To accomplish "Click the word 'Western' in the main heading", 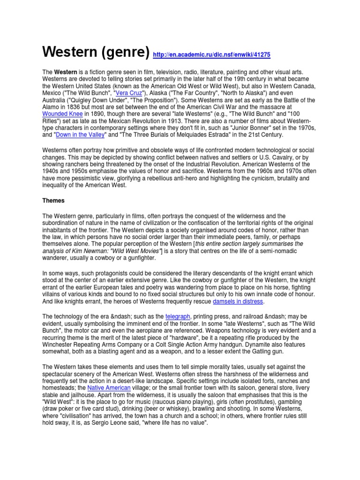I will (x=72, y=52).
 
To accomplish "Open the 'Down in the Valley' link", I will (x=82, y=135).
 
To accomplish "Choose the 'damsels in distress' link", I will (x=238, y=300).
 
